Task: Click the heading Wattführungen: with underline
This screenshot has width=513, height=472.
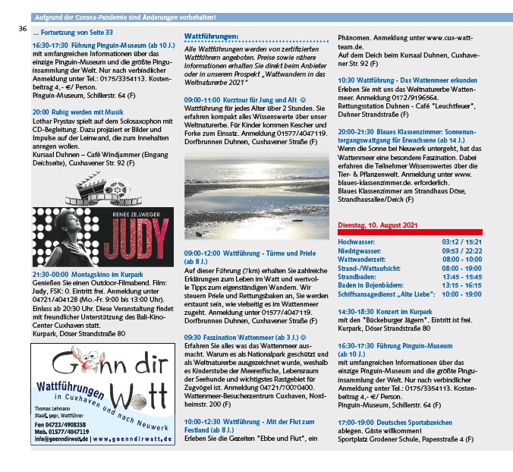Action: click(212, 36)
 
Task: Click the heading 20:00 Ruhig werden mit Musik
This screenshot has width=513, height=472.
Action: click(77, 111)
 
